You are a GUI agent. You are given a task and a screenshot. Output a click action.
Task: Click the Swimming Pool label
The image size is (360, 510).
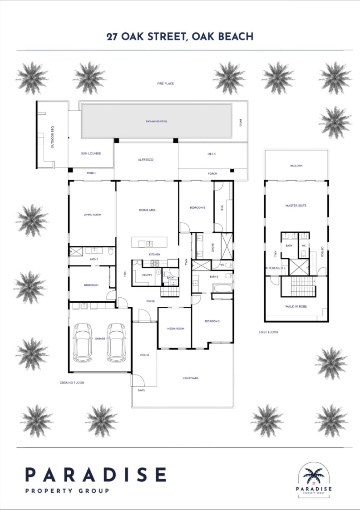[x=157, y=122]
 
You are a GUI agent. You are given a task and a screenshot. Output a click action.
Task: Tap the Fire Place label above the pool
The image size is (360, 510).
[x=166, y=83]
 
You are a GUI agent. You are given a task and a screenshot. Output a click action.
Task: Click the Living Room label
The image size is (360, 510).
[x=92, y=214]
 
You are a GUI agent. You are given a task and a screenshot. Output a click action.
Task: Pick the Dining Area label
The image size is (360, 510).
[x=147, y=210]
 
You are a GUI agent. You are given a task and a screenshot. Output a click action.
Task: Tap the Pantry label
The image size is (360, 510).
[x=147, y=275]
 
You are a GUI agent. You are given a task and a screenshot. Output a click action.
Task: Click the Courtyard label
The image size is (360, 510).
[x=191, y=378]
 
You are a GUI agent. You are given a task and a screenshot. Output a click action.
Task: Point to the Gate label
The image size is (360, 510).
[x=141, y=390]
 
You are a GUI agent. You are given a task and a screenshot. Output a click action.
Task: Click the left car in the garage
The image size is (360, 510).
[x=83, y=342]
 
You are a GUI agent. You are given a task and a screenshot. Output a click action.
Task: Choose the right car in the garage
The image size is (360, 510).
[x=116, y=342]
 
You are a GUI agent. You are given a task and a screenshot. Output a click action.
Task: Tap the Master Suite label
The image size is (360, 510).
[x=296, y=206]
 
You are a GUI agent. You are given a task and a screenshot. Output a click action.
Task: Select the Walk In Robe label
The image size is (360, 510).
[x=296, y=306]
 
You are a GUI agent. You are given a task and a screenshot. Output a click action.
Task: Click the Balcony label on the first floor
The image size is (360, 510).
[x=296, y=166]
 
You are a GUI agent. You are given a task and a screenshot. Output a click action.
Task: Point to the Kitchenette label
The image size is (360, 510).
[x=276, y=268]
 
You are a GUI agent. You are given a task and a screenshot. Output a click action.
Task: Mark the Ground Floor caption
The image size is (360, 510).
[x=72, y=382]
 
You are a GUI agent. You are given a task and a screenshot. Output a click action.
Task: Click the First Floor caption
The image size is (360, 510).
[x=268, y=332]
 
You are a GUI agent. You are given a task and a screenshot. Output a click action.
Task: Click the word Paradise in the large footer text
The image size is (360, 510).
[x=95, y=475]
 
